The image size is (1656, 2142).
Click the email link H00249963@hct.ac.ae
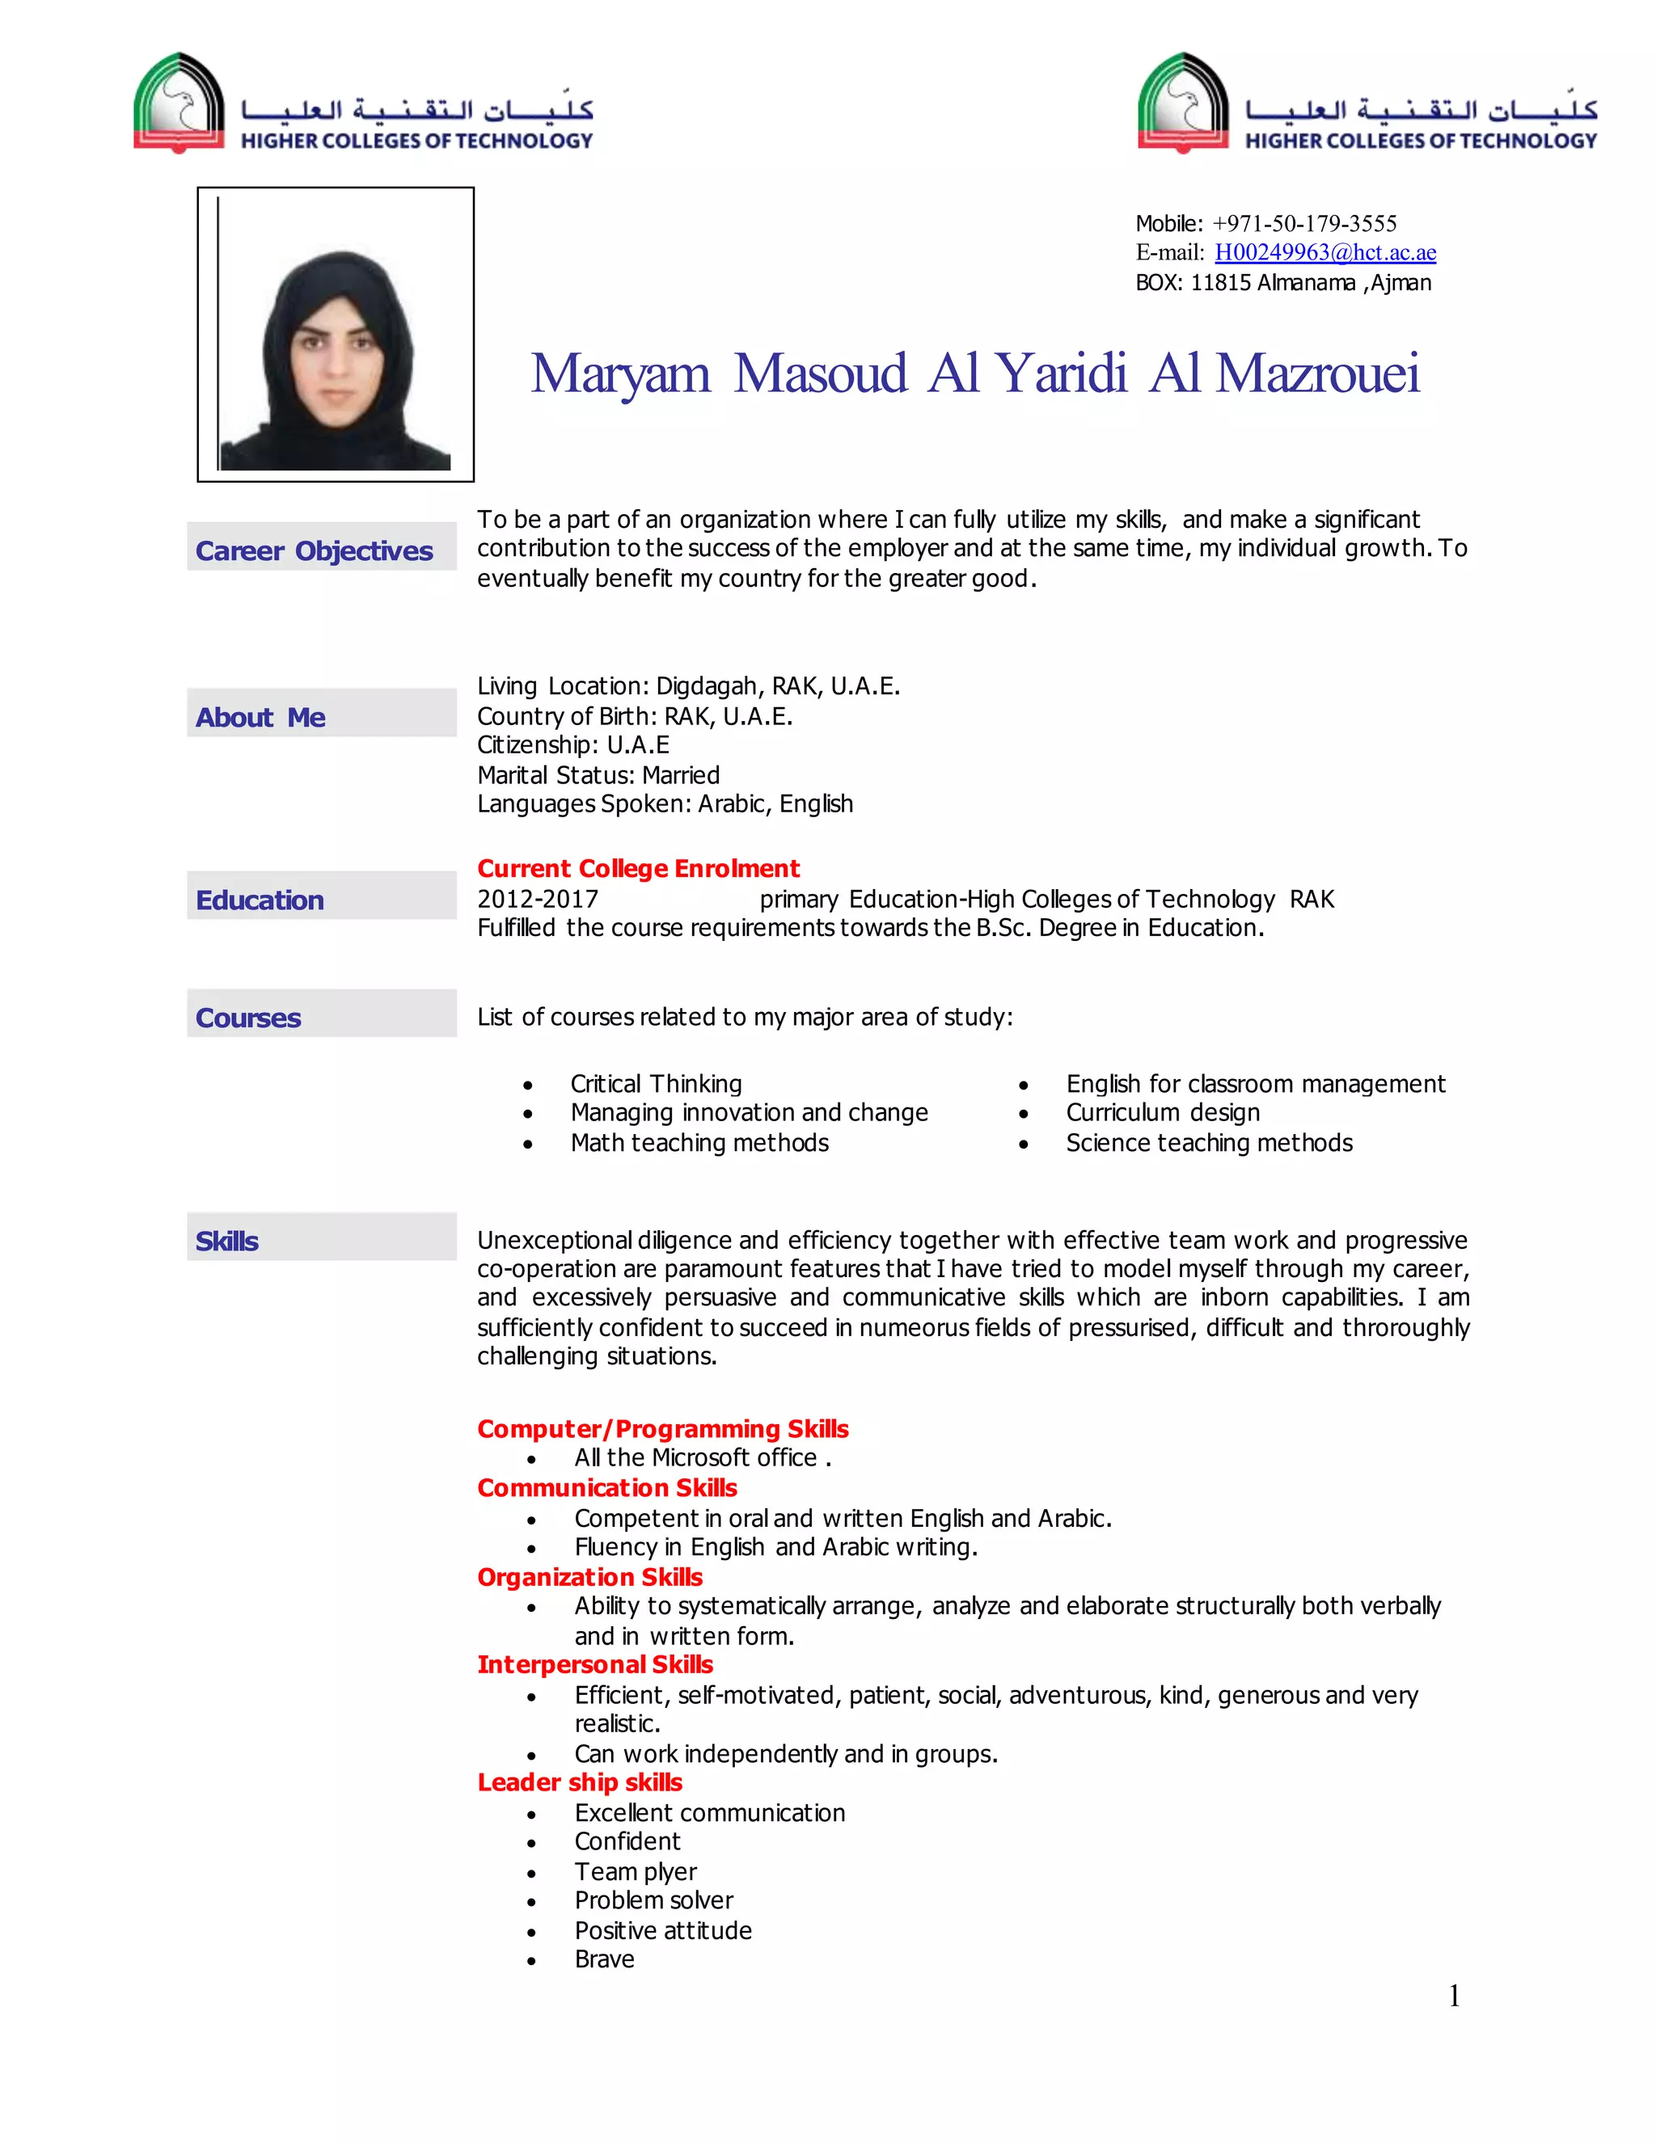1324,252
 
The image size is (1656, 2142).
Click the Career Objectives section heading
314,551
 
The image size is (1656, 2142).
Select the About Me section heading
260,718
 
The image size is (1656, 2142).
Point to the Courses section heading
248,1018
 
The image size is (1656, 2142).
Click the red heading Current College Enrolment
638,869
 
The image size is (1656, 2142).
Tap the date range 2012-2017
538,900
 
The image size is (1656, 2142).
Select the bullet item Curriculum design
1163,1112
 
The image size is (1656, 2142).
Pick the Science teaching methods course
1209,1143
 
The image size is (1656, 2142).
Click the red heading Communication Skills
606,1488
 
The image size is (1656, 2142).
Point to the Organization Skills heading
589,1577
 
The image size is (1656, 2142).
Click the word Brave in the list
604,1959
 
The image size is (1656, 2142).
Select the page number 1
1454,1996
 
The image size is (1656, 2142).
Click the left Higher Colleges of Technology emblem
180,103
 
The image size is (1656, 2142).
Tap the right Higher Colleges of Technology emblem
1183,103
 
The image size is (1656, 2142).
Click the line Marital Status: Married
598,776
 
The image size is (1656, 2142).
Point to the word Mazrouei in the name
1316,373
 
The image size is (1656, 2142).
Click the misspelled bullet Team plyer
636,1871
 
